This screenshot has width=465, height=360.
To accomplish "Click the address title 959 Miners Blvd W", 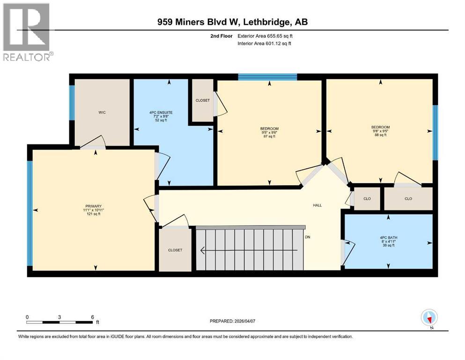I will pos(232,22).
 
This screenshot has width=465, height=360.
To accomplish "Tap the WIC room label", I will pos(102,112).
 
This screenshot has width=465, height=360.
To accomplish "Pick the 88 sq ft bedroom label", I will pos(380,131).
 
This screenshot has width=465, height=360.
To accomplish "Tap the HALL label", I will pos(317,205).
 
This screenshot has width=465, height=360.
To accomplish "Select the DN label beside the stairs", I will pos(307,237).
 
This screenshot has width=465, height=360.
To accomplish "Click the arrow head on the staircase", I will pos(202,250).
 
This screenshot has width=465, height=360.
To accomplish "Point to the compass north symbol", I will pos(429,318).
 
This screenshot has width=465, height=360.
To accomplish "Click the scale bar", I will pos(59,322).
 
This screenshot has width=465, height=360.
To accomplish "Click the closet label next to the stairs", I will pos(175,250).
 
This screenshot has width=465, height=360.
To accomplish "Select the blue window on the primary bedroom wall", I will pos(30,213).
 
